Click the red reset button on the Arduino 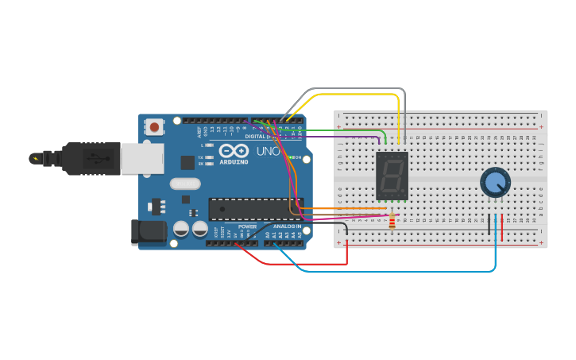[154, 126]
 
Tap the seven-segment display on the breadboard [391, 176]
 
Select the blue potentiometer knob [495, 183]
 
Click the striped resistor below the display [391, 222]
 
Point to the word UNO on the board [268, 151]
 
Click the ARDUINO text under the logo [234, 162]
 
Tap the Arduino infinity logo [234, 150]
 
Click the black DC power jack [148, 231]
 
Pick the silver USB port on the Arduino [141, 158]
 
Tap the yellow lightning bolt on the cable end [34, 158]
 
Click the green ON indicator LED [289, 157]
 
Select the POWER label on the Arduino [247, 226]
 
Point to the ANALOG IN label [288, 226]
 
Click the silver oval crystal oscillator [185, 184]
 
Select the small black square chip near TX [187, 162]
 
